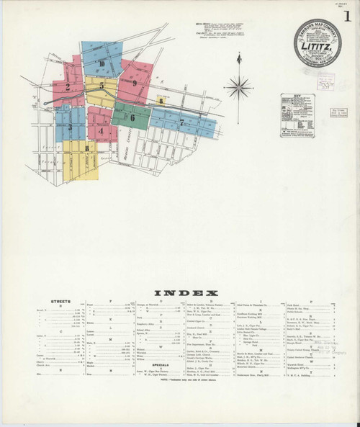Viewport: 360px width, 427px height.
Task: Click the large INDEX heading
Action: (181, 293)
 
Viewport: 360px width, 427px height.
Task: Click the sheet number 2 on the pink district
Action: (67, 88)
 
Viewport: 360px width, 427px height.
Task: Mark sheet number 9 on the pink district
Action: (135, 84)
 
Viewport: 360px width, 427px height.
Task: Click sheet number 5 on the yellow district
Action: (102, 86)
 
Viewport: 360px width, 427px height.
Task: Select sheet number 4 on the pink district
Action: (102, 131)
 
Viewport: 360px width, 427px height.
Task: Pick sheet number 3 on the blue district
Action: (70, 127)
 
